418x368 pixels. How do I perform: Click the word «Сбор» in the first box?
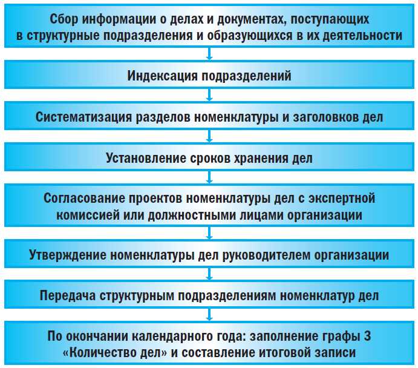(63, 20)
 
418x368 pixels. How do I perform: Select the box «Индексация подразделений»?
(209, 76)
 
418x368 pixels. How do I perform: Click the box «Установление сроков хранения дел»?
(209, 159)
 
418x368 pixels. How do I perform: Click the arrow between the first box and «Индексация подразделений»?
(209, 56)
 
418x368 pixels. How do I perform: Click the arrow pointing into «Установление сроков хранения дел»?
(209, 138)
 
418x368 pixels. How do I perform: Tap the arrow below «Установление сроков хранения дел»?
(209, 179)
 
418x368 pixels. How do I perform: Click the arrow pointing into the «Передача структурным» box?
(209, 275)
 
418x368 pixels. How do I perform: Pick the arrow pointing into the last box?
(209, 317)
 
